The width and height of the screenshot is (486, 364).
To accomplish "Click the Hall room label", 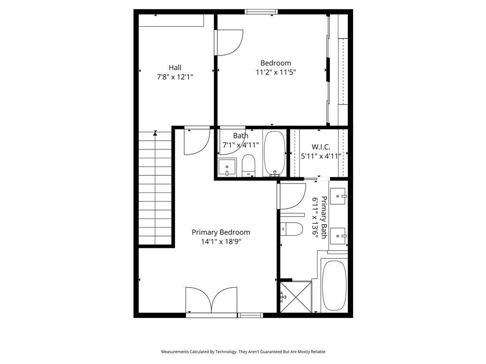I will [x=175, y=67].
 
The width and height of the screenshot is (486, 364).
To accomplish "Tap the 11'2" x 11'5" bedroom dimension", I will [x=276, y=73].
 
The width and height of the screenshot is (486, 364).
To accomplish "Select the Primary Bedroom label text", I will [x=221, y=232].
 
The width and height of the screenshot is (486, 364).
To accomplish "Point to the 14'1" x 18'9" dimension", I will [x=221, y=241].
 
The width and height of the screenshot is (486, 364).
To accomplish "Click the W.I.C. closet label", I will [x=321, y=146].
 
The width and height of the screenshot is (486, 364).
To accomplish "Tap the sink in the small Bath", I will [x=227, y=167].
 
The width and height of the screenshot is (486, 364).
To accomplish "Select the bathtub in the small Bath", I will [x=274, y=153].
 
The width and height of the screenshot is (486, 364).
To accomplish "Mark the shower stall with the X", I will [x=296, y=297].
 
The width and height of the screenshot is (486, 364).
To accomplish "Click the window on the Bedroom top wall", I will [x=260, y=12].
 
